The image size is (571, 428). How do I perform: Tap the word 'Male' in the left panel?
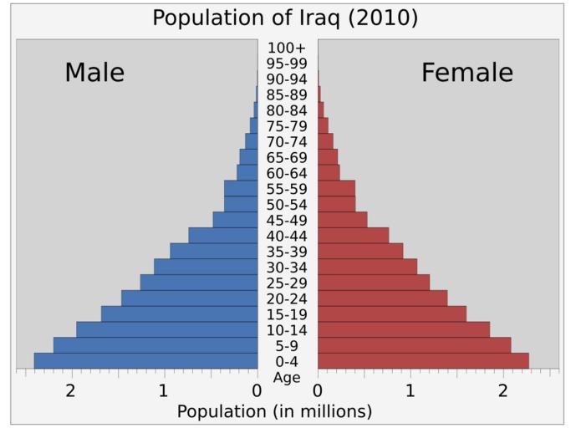pos(94,73)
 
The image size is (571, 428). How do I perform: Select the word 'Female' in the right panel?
pos(466,73)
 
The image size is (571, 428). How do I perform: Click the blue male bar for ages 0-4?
pos(145,361)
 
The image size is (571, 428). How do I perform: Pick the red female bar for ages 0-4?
pos(423,361)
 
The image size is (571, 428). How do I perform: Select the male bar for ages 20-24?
pos(189,298)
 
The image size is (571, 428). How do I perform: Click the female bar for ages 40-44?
pos(353,236)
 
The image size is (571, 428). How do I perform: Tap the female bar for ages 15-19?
pos(391,314)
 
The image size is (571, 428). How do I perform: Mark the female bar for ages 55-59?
pos(336,189)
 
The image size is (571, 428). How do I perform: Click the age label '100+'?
pos(287,48)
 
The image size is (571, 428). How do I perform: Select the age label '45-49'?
pos(287,221)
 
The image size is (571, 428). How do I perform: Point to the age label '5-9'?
pos(287,346)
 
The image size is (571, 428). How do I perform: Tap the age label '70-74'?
pos(287,142)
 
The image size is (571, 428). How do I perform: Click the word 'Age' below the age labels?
pos(287,377)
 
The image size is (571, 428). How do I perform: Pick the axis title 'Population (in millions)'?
pos(274,411)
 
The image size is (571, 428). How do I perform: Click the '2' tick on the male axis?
pos(71,390)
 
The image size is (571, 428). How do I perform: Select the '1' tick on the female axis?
pos(410,390)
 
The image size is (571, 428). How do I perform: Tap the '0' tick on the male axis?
pos(257,390)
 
